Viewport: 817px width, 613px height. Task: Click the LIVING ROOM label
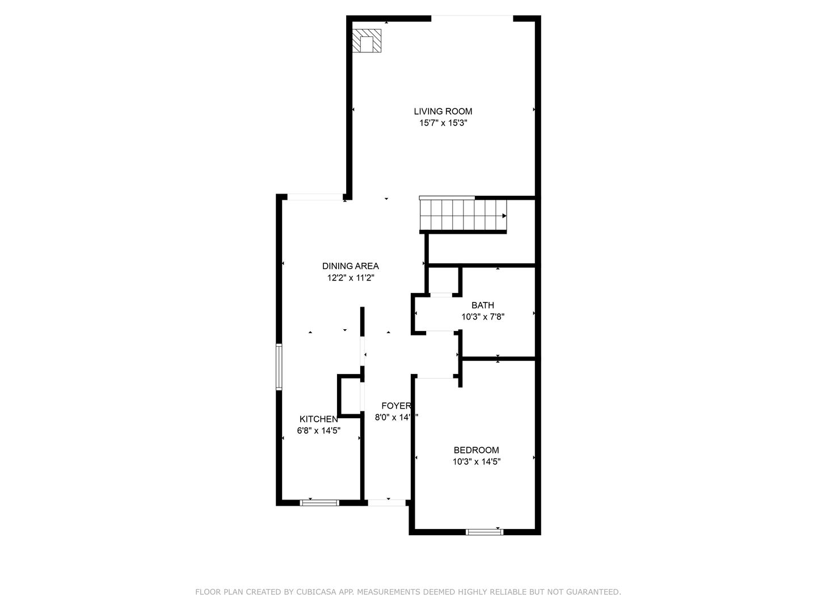[x=443, y=111]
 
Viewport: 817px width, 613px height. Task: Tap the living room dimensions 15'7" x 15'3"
[x=443, y=123]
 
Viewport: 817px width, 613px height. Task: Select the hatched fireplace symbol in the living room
[x=367, y=41]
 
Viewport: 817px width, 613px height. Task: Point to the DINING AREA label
[x=350, y=266]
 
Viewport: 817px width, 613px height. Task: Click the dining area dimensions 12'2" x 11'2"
[x=350, y=278]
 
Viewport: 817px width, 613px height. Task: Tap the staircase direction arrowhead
[x=504, y=216]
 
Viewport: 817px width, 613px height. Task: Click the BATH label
[x=482, y=305]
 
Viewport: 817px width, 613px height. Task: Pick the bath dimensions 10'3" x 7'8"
[x=483, y=317]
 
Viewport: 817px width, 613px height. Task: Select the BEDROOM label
[x=476, y=450]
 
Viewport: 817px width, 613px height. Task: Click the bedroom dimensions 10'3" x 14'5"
[x=476, y=462]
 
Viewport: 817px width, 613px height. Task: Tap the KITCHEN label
[x=318, y=419]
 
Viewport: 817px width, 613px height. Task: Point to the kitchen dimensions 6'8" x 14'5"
[x=318, y=431]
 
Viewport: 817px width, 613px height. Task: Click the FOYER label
[x=395, y=406]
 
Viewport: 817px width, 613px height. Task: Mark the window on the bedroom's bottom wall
[x=484, y=532]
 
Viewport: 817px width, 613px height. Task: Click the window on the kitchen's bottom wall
[x=319, y=502]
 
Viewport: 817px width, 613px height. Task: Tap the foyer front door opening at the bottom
[x=387, y=502]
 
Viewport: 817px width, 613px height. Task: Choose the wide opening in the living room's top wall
[x=472, y=18]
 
